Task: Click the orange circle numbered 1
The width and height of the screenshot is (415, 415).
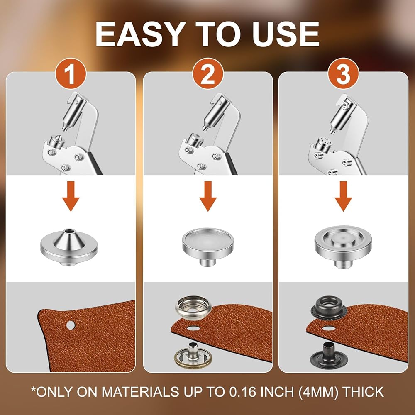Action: click(71, 74)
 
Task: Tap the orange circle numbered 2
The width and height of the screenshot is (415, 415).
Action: click(208, 74)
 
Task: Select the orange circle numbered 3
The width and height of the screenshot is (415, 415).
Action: click(343, 74)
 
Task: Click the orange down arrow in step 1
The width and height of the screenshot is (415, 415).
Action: click(71, 196)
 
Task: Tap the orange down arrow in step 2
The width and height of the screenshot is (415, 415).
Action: click(208, 196)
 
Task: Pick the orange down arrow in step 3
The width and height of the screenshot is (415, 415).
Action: click(343, 196)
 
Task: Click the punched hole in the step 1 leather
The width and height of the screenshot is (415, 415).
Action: click(71, 325)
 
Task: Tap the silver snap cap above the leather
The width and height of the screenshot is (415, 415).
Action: click(193, 308)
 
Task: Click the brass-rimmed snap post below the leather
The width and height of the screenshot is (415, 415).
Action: click(193, 356)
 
